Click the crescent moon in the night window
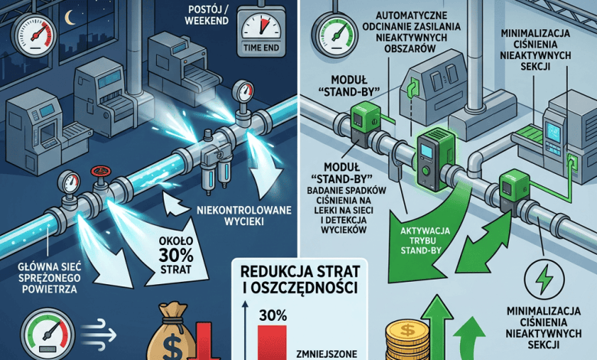click(x=69, y=18)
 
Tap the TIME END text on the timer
click(x=261, y=47)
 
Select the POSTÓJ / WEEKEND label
click(x=207, y=15)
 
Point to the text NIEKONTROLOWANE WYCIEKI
click(x=244, y=216)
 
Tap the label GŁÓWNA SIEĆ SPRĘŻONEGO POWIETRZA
click(x=50, y=277)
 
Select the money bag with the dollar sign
click(x=171, y=332)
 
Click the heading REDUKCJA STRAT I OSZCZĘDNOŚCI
click(x=300, y=280)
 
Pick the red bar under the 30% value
click(x=272, y=342)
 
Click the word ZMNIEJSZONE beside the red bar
click(x=326, y=352)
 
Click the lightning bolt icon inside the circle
click(x=545, y=278)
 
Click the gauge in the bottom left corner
click(x=47, y=334)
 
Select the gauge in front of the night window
click(x=34, y=35)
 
